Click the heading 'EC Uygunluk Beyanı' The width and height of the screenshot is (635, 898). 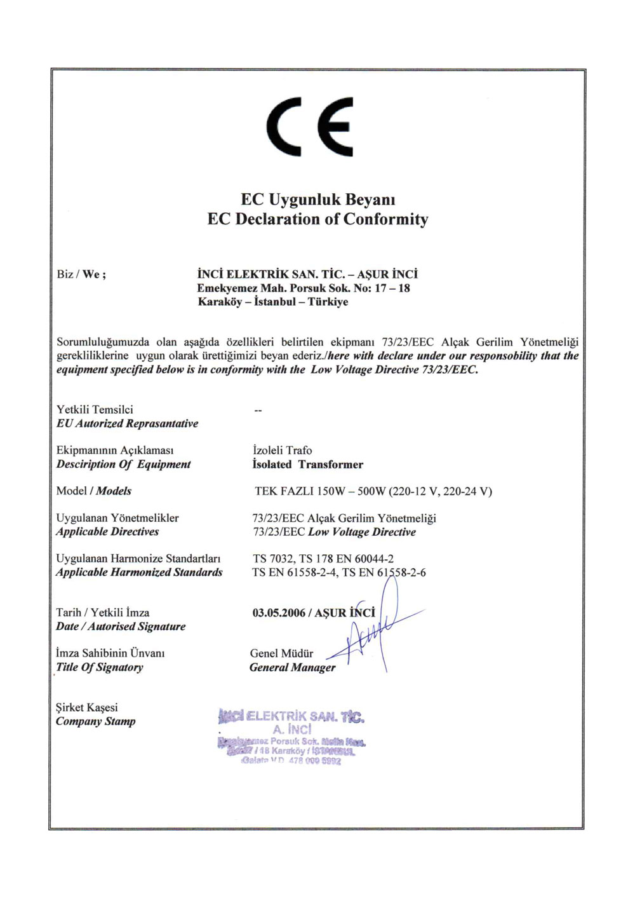click(x=317, y=200)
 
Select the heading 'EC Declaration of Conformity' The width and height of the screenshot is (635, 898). click(x=317, y=219)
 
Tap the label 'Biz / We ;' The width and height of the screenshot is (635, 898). click(x=81, y=275)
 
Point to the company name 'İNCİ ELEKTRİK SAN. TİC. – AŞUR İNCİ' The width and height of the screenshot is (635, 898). click(x=307, y=275)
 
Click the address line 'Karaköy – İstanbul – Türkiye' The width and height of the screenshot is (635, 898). click(x=273, y=302)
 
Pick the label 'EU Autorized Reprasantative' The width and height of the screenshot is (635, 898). click(x=127, y=424)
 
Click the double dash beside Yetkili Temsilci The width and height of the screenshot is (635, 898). click(x=258, y=411)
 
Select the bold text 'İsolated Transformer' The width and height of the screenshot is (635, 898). click(x=308, y=465)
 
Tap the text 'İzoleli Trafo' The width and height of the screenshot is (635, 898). click(x=283, y=451)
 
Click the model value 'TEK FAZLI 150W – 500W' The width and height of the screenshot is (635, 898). click(x=321, y=491)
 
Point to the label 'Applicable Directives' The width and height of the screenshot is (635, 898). click(x=107, y=532)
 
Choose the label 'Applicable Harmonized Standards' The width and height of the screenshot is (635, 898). click(x=139, y=573)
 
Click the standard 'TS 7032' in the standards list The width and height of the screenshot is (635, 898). click(x=273, y=559)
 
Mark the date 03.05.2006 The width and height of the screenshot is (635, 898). click(x=279, y=613)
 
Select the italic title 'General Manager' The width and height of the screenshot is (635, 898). click(x=292, y=667)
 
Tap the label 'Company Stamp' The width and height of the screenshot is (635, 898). click(x=95, y=721)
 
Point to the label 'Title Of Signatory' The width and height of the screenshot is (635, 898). click(x=100, y=667)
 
